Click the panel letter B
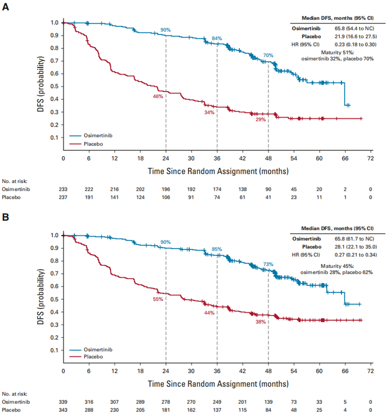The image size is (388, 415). (6, 218)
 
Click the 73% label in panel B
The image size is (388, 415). (268, 264)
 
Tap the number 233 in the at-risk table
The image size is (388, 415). (63, 189)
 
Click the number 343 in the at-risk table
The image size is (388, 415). (63, 410)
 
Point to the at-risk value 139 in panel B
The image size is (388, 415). (268, 402)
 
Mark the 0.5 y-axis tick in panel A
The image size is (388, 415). (55, 86)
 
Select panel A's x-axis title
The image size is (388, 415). (218, 172)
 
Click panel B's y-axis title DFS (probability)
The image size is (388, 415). (41, 292)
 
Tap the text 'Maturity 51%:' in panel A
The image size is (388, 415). (337, 52)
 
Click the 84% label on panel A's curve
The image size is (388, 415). (217, 38)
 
